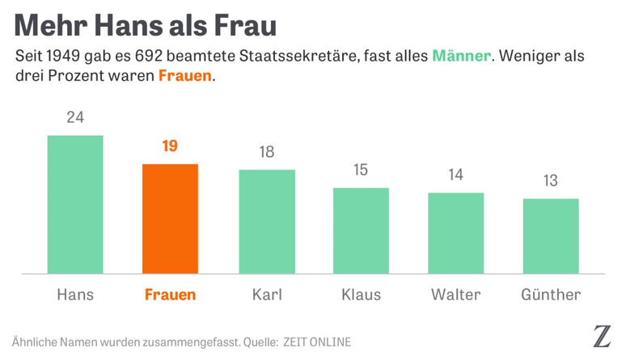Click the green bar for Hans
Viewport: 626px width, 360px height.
(x=75, y=205)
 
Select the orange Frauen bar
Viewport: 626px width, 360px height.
(x=170, y=218)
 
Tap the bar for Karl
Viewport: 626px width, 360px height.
(x=266, y=222)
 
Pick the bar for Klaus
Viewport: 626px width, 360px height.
(x=361, y=231)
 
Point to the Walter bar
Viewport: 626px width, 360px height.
(x=456, y=233)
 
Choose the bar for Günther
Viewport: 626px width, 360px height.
(x=551, y=236)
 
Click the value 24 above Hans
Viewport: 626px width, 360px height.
(x=75, y=117)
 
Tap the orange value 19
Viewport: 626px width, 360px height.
(x=170, y=146)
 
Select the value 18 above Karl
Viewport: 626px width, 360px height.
(x=266, y=152)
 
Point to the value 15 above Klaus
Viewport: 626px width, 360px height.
(x=361, y=170)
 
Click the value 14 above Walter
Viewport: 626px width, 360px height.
(x=456, y=175)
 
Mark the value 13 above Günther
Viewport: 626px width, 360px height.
(x=551, y=181)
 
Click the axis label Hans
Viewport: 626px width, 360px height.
(x=75, y=294)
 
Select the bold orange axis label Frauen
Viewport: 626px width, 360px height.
(x=170, y=294)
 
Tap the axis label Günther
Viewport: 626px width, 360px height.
(x=551, y=294)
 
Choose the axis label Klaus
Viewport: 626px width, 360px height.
(x=361, y=294)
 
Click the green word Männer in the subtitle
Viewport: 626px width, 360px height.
(x=461, y=57)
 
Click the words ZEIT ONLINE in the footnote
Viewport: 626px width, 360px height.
(x=317, y=342)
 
